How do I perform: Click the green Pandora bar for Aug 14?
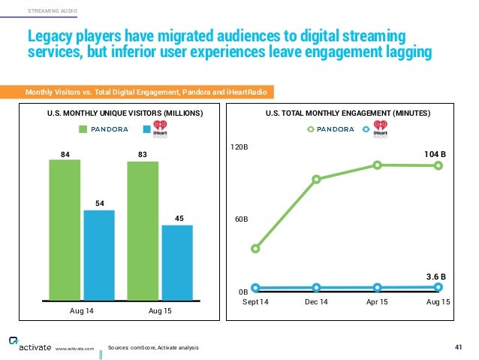point(65,230)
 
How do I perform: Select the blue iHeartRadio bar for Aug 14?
point(99,256)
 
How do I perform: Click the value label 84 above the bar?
point(65,154)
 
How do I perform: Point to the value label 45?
point(178,219)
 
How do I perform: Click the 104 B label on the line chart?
point(434,154)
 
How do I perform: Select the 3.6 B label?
point(435,276)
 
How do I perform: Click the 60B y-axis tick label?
point(240,219)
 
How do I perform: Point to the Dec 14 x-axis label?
point(316,301)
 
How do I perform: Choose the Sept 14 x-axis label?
point(255,301)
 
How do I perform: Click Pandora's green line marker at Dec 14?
point(316,179)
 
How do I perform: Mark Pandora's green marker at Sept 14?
point(255,248)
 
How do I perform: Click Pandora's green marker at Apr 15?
point(377,165)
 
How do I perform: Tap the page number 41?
point(459,346)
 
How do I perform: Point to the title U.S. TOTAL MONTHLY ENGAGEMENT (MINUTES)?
point(347,113)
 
